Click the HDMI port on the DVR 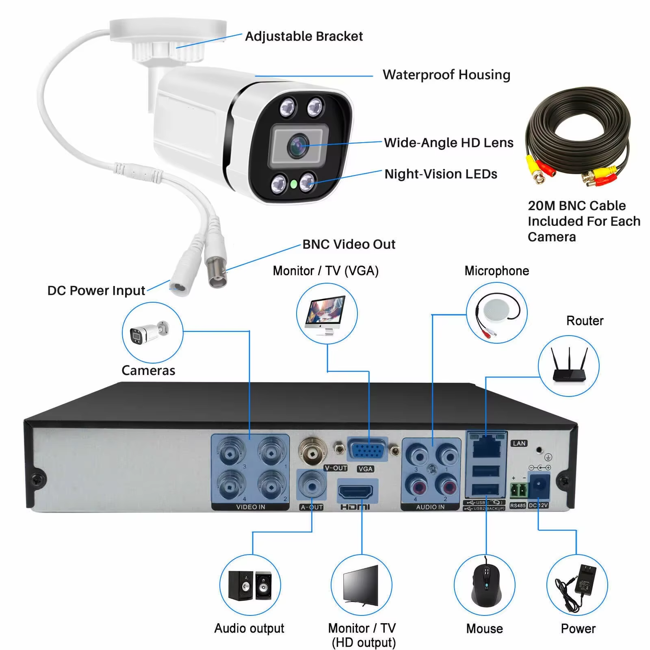click(355, 492)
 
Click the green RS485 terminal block click(518, 491)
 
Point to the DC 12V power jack click(539, 486)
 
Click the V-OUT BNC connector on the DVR click(312, 451)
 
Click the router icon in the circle click(568, 366)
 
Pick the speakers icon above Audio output click(250, 585)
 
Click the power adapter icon click(577, 585)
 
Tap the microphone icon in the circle click(497, 313)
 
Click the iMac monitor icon click(327, 314)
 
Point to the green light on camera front click(293, 184)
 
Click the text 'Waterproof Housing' click(446, 75)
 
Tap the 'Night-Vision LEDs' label click(441, 174)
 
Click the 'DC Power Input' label click(96, 290)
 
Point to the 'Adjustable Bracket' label click(304, 36)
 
